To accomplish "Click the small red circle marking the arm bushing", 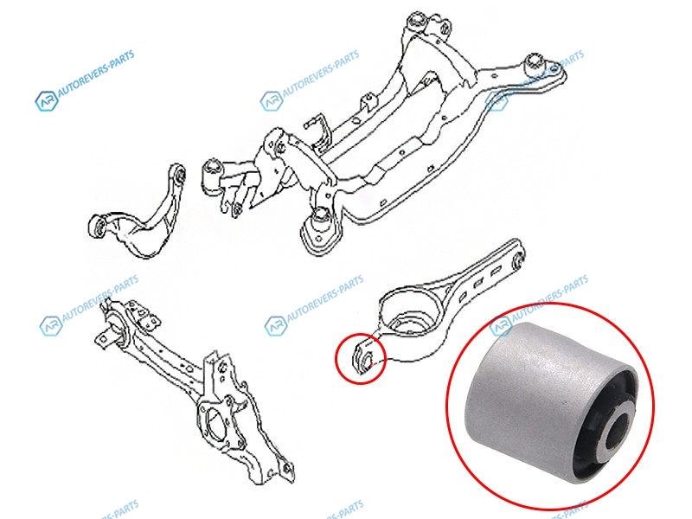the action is click(336, 358).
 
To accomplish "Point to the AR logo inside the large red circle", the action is click(501, 326).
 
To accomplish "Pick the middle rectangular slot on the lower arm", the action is click(477, 284).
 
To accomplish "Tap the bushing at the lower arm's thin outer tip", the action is click(519, 260).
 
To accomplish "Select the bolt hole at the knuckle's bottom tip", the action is click(287, 468).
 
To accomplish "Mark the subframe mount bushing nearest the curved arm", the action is click(212, 176).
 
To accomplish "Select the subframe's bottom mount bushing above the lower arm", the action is click(320, 219).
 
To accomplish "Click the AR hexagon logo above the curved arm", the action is click(47, 100).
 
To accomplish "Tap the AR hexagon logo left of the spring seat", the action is click(276, 326).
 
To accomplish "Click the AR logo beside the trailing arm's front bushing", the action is click(51, 326).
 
